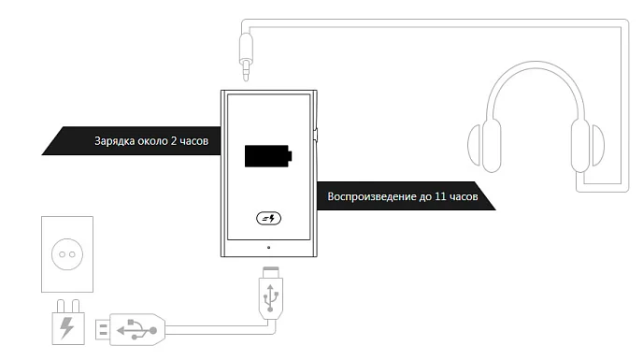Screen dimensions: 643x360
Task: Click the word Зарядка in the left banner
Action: point(116,142)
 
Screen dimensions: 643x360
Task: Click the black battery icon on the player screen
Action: point(267,155)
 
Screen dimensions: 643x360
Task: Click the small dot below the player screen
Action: point(269,248)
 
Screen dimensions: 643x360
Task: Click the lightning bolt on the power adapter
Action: point(67,328)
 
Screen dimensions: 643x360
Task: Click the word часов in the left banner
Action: point(202,142)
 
